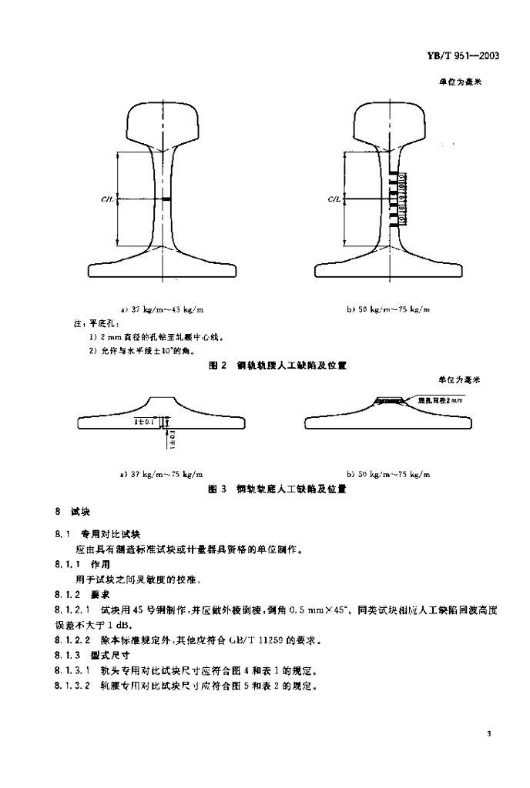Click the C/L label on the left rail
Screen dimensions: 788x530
coord(107,200)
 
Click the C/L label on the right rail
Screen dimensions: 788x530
coord(335,200)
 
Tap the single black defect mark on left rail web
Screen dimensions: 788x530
coord(166,200)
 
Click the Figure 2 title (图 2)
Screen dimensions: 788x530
coord(217,366)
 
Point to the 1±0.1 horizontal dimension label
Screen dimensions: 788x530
coord(144,422)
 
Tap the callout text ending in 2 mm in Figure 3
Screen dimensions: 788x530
coord(439,400)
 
